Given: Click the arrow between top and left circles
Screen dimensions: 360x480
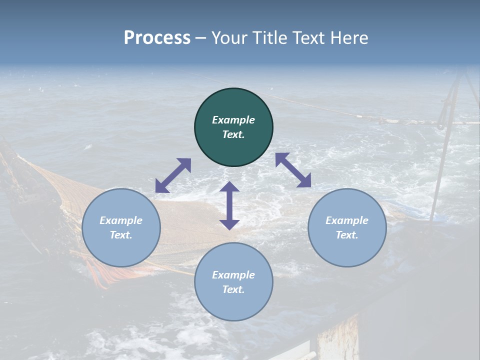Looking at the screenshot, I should coord(173,175).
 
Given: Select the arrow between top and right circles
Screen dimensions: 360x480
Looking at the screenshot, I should coord(293,170).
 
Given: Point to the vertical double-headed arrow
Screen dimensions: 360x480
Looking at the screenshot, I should coord(229,205).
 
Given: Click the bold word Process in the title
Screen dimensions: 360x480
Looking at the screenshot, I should coord(157,37).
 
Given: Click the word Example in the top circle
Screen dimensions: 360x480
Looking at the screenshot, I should coord(233,120).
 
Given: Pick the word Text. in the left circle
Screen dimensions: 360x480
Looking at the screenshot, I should coord(121,235).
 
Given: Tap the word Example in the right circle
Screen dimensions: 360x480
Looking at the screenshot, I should coord(347,220).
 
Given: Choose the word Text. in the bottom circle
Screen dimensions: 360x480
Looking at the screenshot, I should coord(233,289).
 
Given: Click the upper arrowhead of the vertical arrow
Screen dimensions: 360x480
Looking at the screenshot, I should coord(229,187).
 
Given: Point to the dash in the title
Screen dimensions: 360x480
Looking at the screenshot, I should coord(201,38).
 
